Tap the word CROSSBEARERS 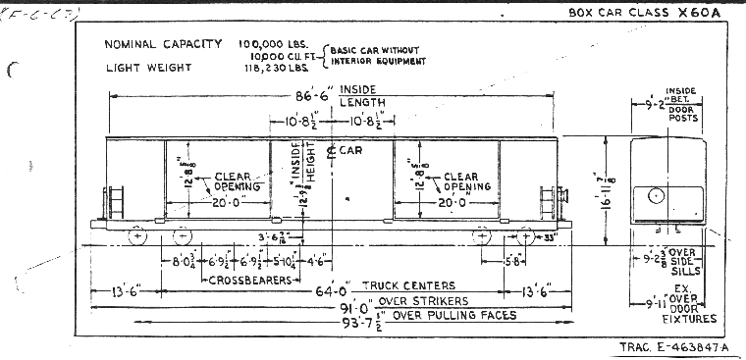click(252, 281)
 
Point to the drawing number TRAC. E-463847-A click(675, 347)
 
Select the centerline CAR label click(349, 151)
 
